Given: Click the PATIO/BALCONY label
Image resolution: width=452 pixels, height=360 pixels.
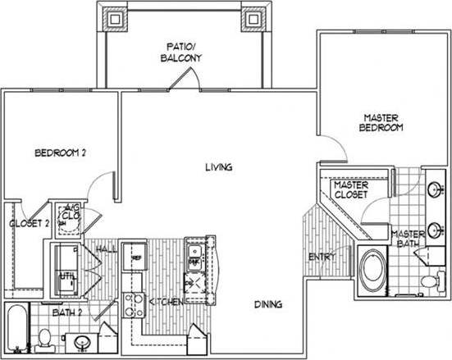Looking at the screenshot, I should click(x=181, y=52).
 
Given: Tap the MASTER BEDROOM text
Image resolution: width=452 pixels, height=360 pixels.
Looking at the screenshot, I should click(x=382, y=123).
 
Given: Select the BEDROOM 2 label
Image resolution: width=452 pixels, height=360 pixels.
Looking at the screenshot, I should click(x=60, y=153).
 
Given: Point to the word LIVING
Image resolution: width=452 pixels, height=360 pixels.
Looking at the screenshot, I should click(x=219, y=167).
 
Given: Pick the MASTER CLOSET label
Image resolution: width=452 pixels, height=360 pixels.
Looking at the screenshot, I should click(x=351, y=189).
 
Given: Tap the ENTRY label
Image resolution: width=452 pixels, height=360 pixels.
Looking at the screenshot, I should click(x=321, y=257).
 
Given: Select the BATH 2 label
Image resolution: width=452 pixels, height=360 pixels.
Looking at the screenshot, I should click(x=68, y=312).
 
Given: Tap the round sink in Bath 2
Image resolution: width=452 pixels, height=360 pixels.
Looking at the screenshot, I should click(x=80, y=341).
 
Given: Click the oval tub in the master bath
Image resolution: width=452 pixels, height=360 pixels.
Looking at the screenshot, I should click(x=375, y=273).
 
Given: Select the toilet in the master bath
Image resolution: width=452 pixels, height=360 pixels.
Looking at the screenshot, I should click(x=427, y=281).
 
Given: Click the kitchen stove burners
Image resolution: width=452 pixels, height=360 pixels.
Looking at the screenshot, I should click(x=130, y=305).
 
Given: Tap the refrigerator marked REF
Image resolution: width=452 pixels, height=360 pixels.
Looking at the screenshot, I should click(x=133, y=257).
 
